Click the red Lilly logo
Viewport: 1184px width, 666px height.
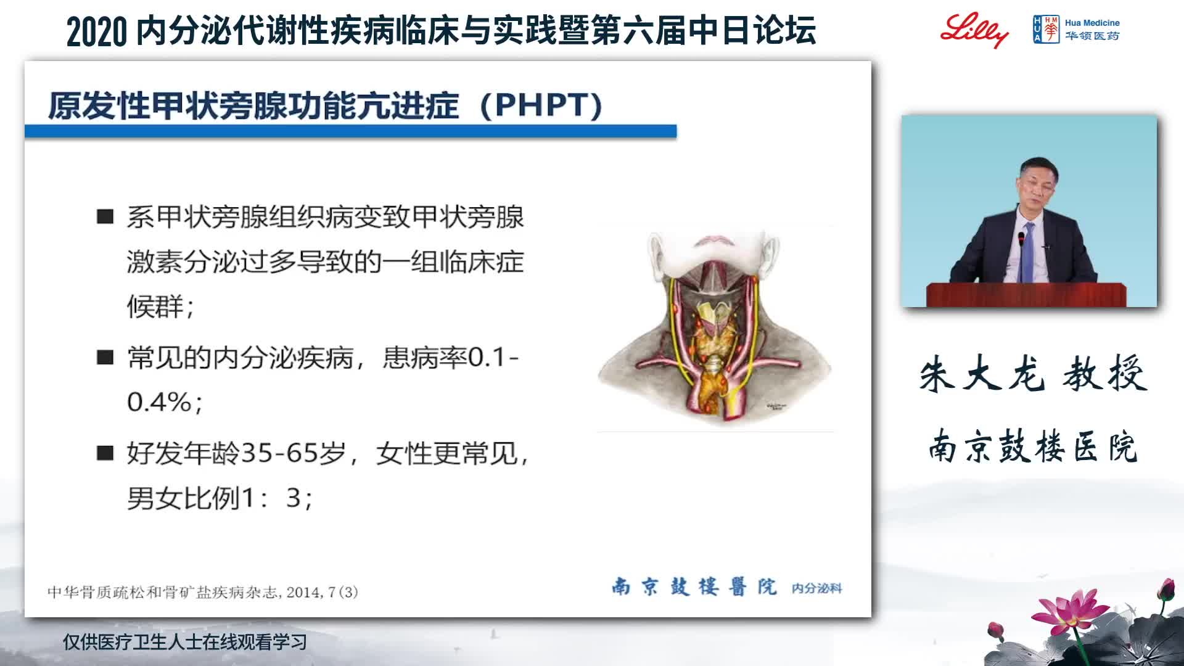[x=974, y=29]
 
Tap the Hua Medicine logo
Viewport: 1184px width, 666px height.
[x=1076, y=29]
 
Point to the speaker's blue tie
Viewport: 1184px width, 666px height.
[x=1027, y=253]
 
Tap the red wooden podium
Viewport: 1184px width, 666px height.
[x=1026, y=294]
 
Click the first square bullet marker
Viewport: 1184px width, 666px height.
[x=105, y=216]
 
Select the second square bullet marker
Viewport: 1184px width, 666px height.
[x=105, y=357]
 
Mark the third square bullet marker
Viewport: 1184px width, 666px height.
[x=105, y=453]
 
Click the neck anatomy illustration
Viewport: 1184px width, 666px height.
[x=715, y=327]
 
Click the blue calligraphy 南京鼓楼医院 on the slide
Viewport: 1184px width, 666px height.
[x=694, y=586]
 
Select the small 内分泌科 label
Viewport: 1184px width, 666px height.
[x=816, y=588]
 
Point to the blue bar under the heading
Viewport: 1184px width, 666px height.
[x=350, y=131]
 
